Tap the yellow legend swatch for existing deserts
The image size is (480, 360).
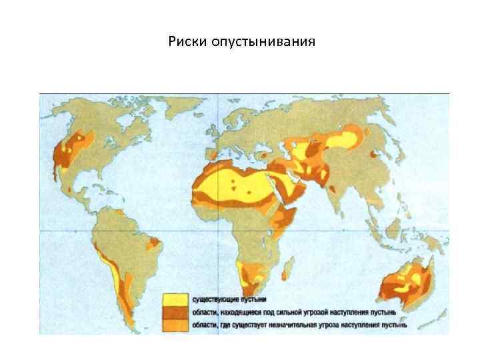click(175, 299)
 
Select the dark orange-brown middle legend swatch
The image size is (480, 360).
click(175, 312)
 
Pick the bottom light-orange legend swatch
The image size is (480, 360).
click(175, 325)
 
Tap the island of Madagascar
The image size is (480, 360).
click(289, 269)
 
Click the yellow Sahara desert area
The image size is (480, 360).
click(233, 183)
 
